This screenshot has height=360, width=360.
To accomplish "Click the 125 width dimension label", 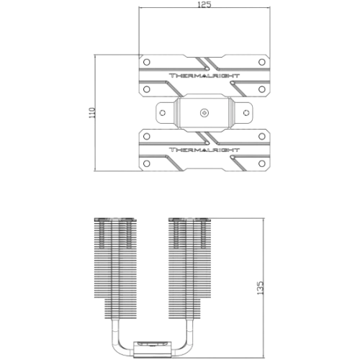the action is click(x=204, y=4).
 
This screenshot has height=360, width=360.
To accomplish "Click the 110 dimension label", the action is click(x=92, y=112).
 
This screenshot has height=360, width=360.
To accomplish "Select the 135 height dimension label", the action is click(x=260, y=288).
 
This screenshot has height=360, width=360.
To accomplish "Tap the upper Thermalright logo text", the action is click(x=204, y=76).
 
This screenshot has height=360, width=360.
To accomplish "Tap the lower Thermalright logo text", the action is click(x=204, y=150).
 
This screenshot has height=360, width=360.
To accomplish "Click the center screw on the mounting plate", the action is click(x=204, y=113).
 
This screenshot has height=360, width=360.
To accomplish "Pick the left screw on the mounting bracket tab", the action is click(x=163, y=112).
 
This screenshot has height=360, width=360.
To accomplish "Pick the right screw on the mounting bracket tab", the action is click(x=246, y=112).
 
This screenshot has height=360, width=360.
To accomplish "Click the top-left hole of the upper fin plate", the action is click(x=147, y=62).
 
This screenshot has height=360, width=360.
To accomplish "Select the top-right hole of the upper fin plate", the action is click(x=262, y=62).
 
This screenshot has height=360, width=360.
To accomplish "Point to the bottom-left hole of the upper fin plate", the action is click(x=147, y=89).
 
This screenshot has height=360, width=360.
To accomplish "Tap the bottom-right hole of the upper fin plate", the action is click(x=262, y=89).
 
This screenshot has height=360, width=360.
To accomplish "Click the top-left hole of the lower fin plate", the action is click(x=147, y=136).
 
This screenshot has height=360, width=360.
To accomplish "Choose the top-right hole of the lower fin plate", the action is click(x=262, y=136).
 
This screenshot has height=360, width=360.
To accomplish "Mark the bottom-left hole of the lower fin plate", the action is click(x=147, y=163).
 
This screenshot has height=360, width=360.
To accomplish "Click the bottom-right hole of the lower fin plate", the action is click(x=262, y=163).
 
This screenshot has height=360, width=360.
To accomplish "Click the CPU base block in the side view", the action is click(x=153, y=350).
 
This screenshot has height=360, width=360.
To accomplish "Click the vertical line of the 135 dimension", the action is click(x=264, y=288).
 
